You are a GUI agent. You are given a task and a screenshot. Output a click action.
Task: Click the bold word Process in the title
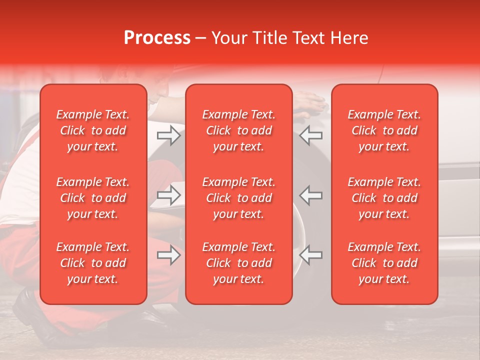click(x=157, y=38)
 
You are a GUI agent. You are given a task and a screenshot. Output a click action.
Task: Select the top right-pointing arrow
click(x=168, y=135)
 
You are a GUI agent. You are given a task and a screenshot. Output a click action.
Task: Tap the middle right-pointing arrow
click(x=168, y=195)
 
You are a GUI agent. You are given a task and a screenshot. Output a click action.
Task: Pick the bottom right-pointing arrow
click(x=168, y=255)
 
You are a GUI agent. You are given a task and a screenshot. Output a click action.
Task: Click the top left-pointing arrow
click(x=311, y=135)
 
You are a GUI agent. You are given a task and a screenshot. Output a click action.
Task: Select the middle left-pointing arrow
click(x=311, y=195)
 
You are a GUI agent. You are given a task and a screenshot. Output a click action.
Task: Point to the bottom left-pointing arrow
click(x=311, y=255)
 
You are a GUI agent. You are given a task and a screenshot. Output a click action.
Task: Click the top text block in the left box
click(x=93, y=130)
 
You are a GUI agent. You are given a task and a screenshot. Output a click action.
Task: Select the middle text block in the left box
click(x=93, y=198)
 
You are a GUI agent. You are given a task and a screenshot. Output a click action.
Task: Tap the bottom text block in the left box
click(x=93, y=263)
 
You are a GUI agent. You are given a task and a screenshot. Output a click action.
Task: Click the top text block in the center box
click(x=238, y=130)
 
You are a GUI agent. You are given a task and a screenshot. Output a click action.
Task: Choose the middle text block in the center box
click(x=238, y=198)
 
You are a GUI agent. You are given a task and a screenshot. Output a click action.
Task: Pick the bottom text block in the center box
click(x=238, y=263)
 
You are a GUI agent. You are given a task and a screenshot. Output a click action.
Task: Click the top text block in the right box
click(x=384, y=130)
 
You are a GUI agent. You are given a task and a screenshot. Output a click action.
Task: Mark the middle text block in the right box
click(x=384, y=198)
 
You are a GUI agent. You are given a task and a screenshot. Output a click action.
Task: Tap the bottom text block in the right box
click(x=384, y=263)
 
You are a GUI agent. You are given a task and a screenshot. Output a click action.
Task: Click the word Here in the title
click(x=349, y=38)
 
